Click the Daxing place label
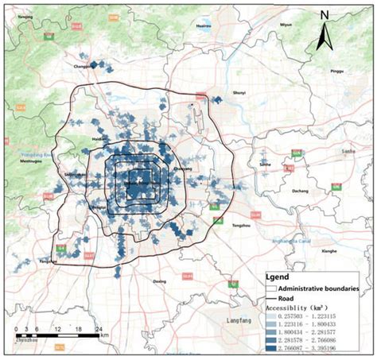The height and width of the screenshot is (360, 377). coord(161,281)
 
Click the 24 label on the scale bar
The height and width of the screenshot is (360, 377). coord(97,328)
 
